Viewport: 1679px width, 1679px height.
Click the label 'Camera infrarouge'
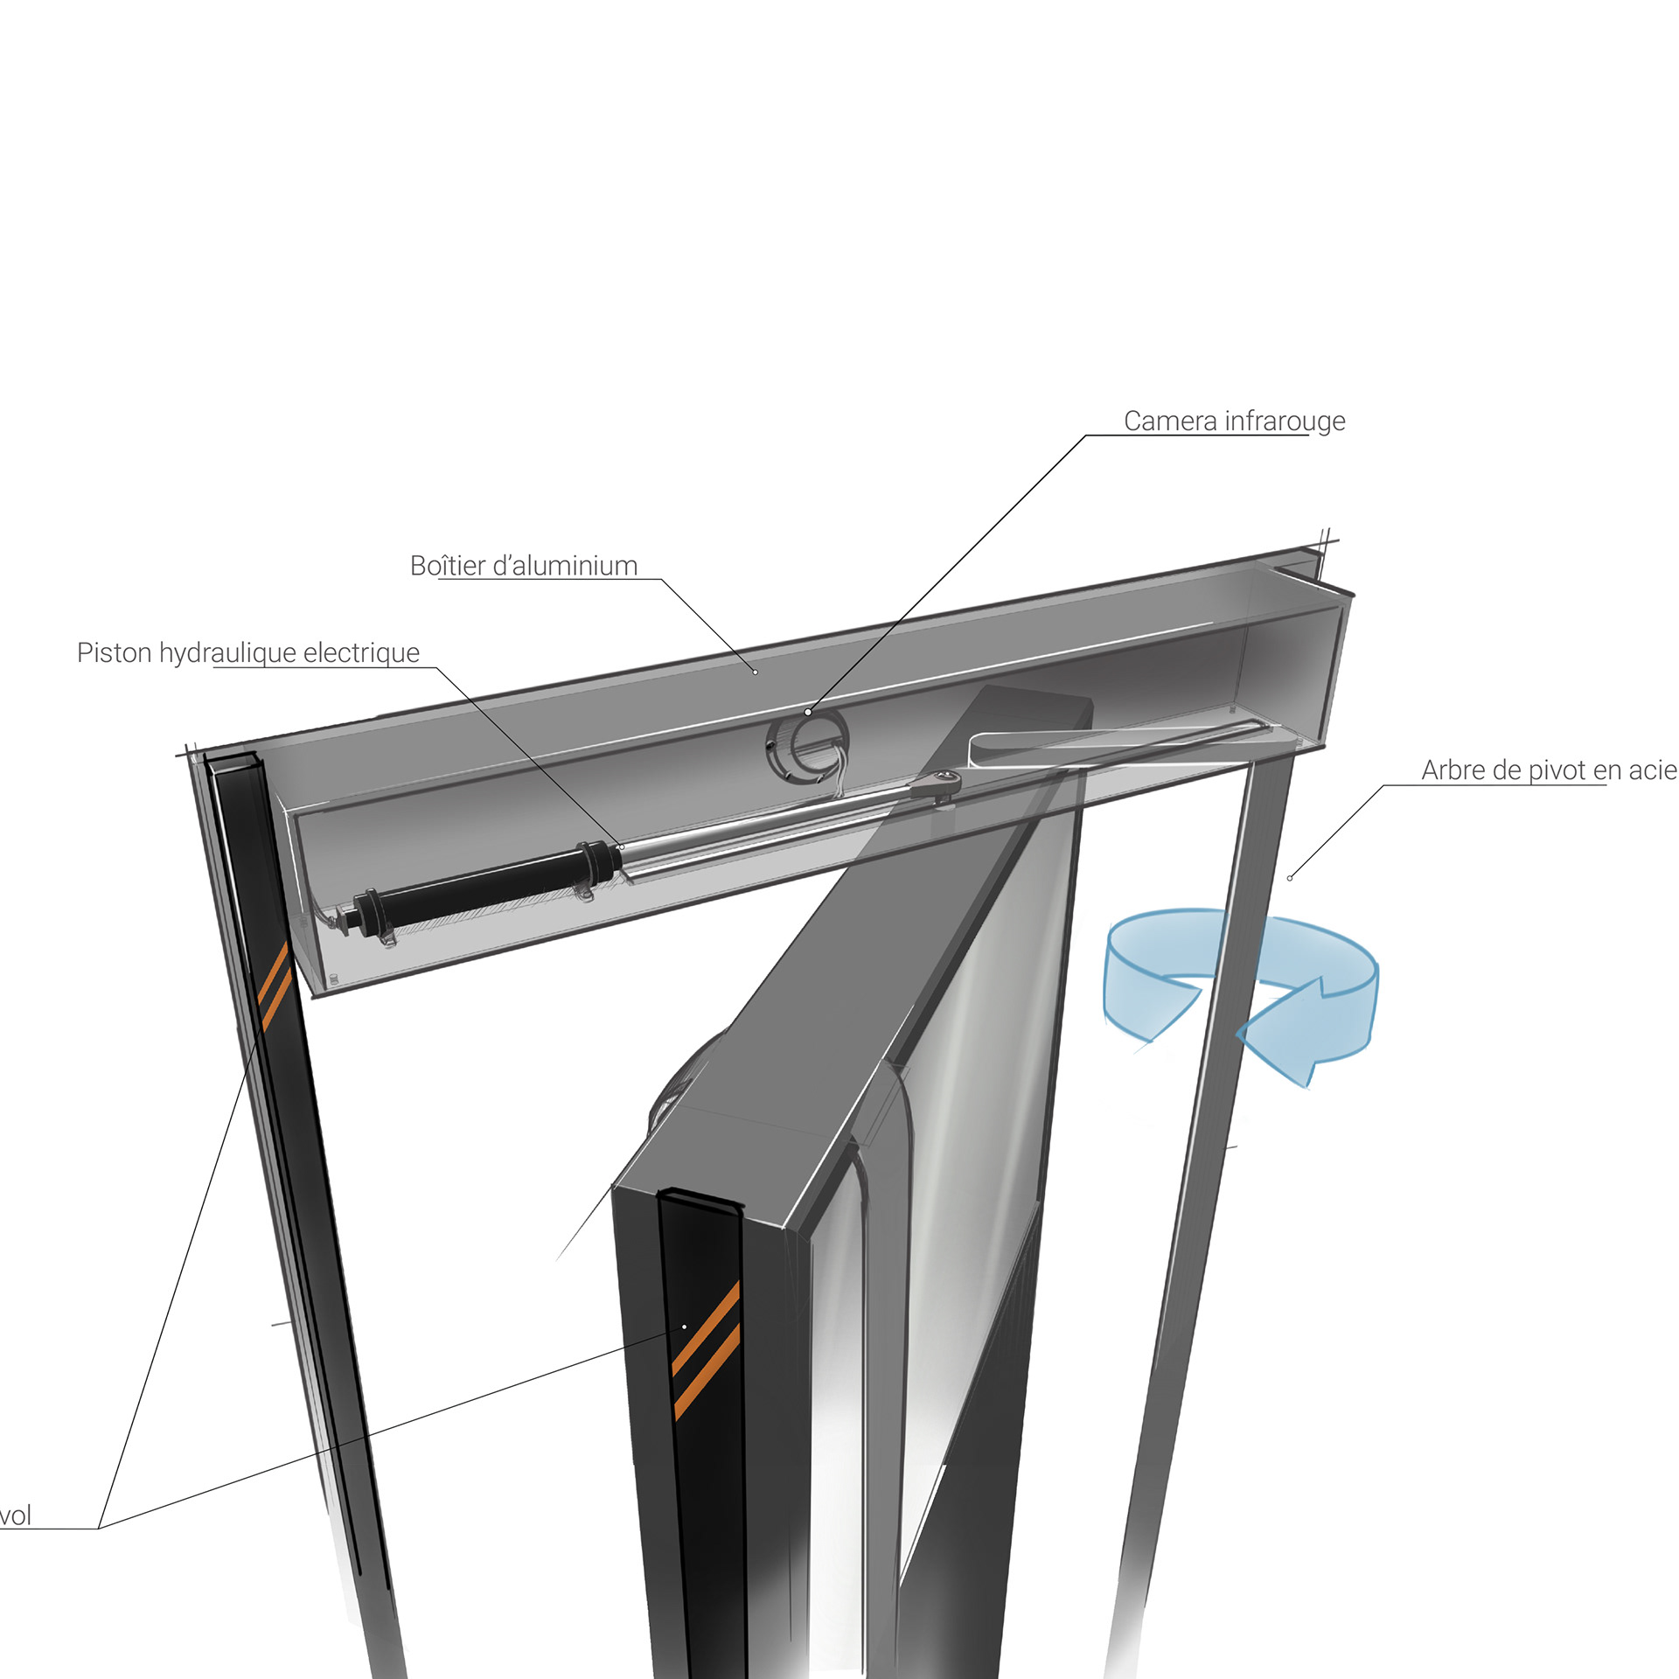1234,421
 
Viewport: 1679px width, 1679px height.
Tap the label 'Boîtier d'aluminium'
524,566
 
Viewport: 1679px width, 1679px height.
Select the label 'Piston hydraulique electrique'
248,653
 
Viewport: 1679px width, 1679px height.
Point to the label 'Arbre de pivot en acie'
1549,770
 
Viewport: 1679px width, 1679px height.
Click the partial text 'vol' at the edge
16,1515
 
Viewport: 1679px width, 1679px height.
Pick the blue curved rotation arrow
1242,988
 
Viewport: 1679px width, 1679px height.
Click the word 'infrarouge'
1285,421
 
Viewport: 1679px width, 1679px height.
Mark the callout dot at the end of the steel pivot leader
1290,878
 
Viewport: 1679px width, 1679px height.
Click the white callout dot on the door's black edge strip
684,1327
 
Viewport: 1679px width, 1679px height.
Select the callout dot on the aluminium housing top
756,672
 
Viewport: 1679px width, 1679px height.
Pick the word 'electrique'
361,653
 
